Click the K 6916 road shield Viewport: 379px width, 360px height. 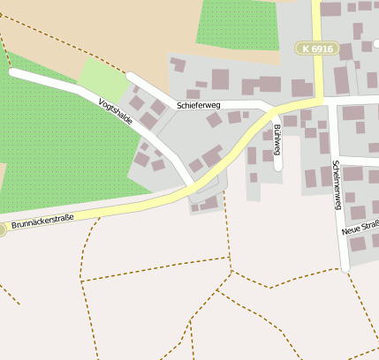pyautogui.click(x=317, y=49)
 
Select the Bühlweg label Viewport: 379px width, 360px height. pyautogui.click(x=276, y=139)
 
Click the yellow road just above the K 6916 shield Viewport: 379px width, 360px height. pyautogui.click(x=316, y=22)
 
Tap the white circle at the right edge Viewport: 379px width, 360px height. pyautogui.click(x=375, y=42)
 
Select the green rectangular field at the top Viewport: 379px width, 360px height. pyautogui.click(x=237, y=24)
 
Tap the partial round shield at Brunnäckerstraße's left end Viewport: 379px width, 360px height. pyautogui.click(x=2, y=229)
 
